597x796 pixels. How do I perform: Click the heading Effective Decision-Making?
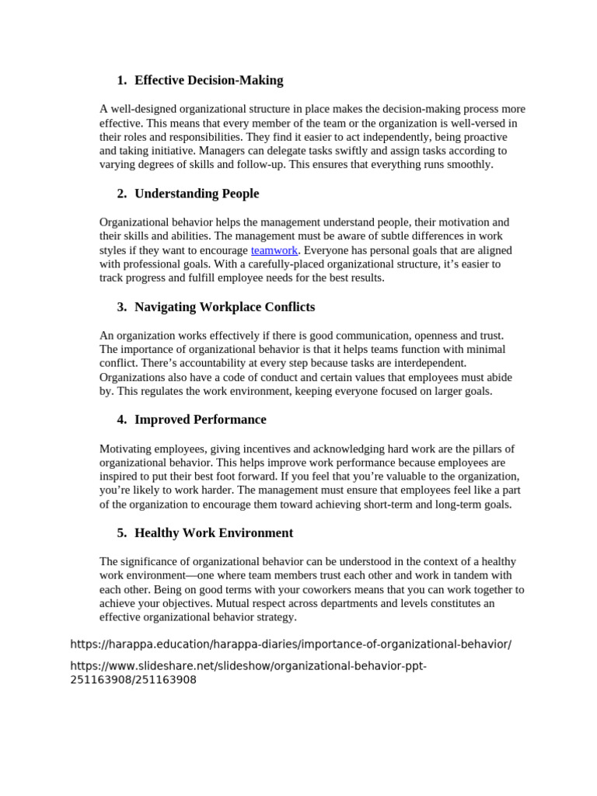tap(208, 80)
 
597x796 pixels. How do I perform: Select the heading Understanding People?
tap(197, 194)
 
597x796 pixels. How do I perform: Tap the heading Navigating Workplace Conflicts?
tap(225, 307)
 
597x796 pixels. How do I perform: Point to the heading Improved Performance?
tap(200, 420)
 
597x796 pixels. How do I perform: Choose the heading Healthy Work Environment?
tap(214, 533)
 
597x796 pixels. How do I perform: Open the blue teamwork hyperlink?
tap(274, 250)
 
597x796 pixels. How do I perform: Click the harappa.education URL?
tap(291, 644)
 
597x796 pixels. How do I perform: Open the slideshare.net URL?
tap(249, 667)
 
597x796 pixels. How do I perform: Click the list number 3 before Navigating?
tap(122, 307)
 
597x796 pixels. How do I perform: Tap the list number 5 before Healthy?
tap(122, 533)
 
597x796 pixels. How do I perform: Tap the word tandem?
tap(468, 575)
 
